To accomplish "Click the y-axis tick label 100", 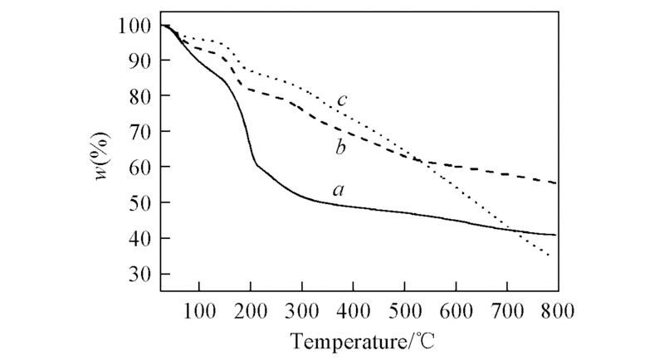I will point(134,26).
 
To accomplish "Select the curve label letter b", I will point(340,148).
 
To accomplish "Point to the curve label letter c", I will point(341,101).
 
